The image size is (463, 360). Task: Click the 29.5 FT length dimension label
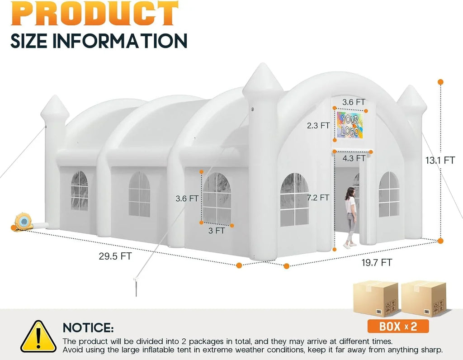tap(115, 256)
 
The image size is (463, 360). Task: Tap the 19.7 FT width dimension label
tap(377, 262)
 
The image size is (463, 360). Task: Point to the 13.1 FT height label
tap(440, 161)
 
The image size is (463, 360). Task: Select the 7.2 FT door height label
tap(318, 198)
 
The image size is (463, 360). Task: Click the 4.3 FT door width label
tap(354, 158)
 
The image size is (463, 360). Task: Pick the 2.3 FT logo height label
tap(318, 126)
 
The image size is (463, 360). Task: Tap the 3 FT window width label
tap(217, 230)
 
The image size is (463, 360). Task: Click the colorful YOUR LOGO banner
tap(350, 125)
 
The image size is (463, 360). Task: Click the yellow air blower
tap(24, 222)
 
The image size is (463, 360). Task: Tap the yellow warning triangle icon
tap(38, 336)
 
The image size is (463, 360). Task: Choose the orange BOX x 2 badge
tap(398, 327)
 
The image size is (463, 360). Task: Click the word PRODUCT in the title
tap(95, 13)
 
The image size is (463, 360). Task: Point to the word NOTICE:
tap(88, 327)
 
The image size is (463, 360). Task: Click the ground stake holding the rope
tap(136, 286)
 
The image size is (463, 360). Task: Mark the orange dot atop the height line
tap(440, 82)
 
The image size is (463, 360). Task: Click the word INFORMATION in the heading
tap(120, 41)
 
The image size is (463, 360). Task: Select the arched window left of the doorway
tap(294, 199)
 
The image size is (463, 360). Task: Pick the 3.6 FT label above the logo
tap(354, 102)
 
